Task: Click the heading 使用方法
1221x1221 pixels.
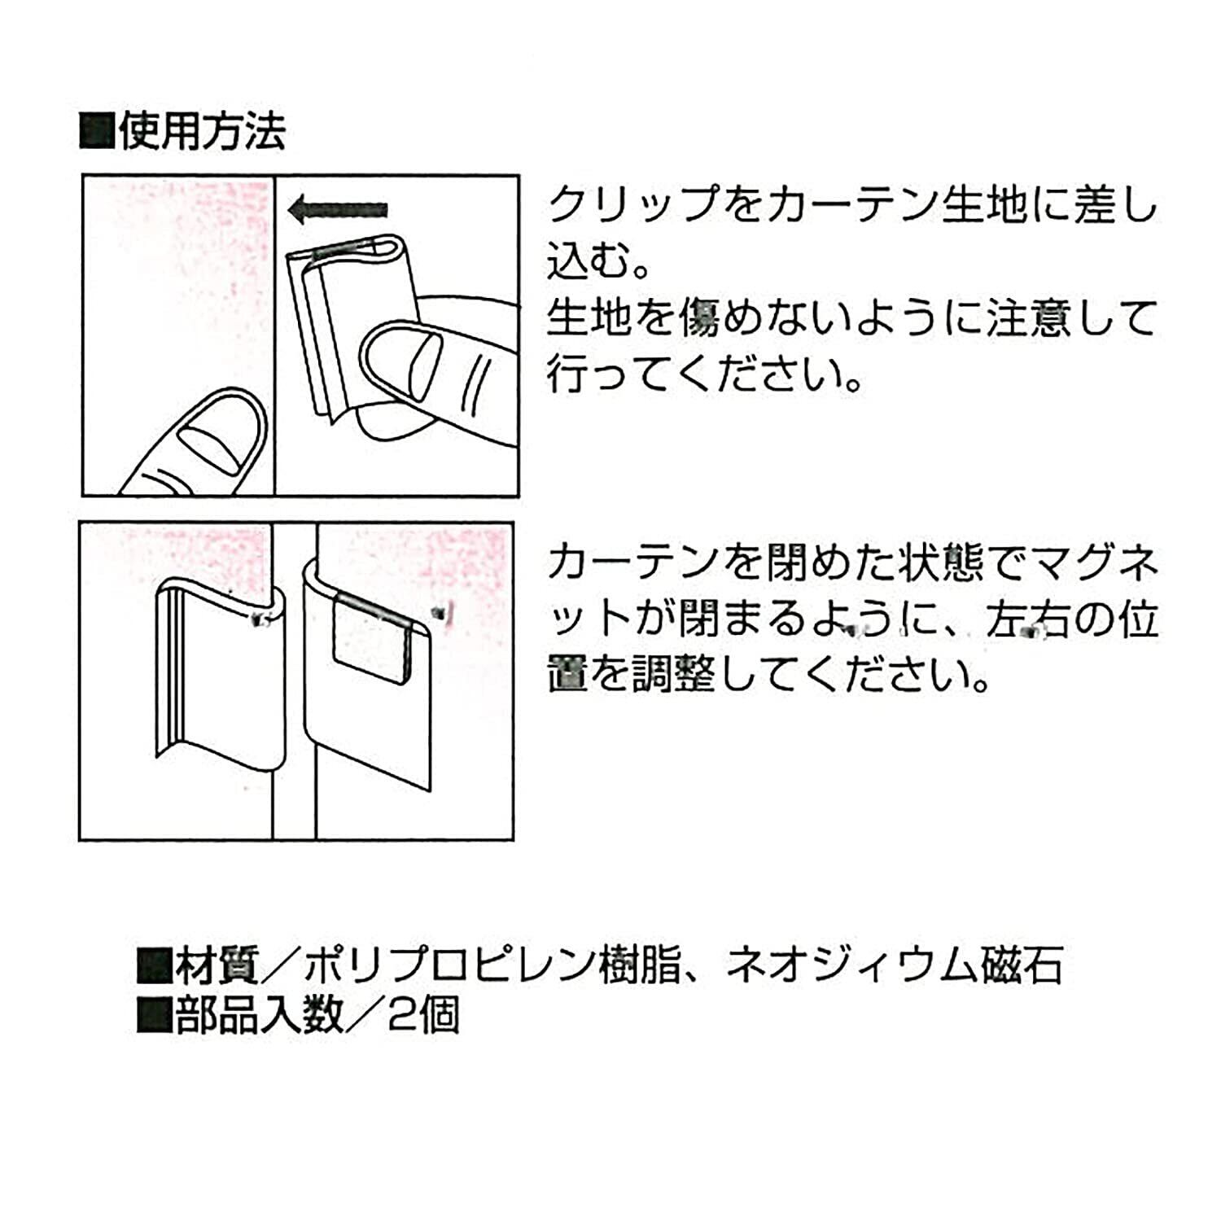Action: point(201,131)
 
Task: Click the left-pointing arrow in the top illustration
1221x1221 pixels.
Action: point(338,210)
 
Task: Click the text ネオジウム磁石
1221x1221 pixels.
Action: point(894,966)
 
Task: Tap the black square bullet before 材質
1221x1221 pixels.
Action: point(155,967)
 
